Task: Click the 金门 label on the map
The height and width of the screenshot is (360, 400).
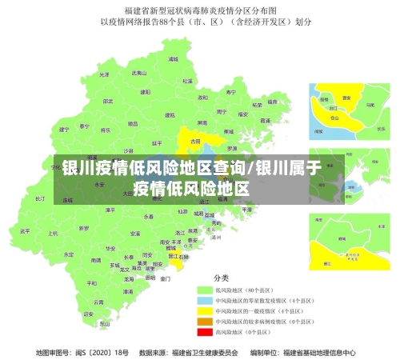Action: pos(165,278)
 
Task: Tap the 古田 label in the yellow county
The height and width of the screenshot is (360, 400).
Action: pos(195,141)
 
